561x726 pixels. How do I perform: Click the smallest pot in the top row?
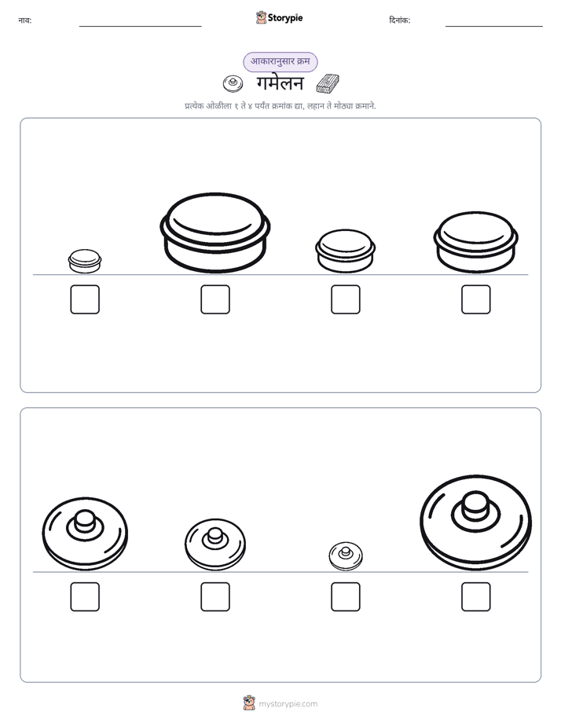(85, 261)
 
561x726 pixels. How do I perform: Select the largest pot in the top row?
(215, 233)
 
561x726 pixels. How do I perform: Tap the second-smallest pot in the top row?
(345, 251)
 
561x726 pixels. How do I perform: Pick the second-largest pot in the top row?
(476, 242)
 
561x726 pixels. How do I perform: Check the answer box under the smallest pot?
(85, 299)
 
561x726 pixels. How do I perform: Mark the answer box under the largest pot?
(215, 299)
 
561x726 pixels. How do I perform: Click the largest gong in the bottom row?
(476, 522)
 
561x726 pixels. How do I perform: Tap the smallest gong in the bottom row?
(346, 556)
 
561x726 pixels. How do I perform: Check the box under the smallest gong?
(346, 597)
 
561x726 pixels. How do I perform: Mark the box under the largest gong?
(476, 597)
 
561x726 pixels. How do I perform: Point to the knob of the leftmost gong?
(84, 521)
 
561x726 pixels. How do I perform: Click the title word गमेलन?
(280, 83)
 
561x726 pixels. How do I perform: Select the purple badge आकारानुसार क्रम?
(280, 61)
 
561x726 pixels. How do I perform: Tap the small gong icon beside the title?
(233, 84)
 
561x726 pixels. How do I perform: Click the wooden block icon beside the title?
(328, 83)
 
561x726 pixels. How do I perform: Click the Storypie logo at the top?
(279, 17)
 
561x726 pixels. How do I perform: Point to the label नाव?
(25, 20)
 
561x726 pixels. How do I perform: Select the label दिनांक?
(400, 20)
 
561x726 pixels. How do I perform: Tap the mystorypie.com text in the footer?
(288, 704)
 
